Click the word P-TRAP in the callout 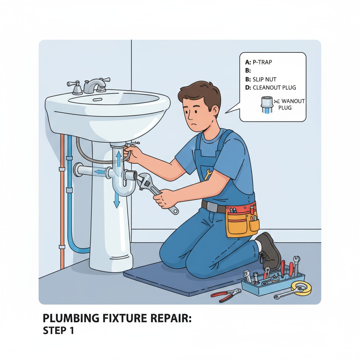coord(262,62)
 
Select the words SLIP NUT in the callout coord(264,79)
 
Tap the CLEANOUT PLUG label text coord(274,88)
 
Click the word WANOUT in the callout coord(293,101)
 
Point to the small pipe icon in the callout coord(267,105)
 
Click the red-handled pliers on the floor coord(226,295)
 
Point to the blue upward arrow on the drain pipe coord(119,159)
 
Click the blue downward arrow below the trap coord(117,200)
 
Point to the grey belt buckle coord(212,207)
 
